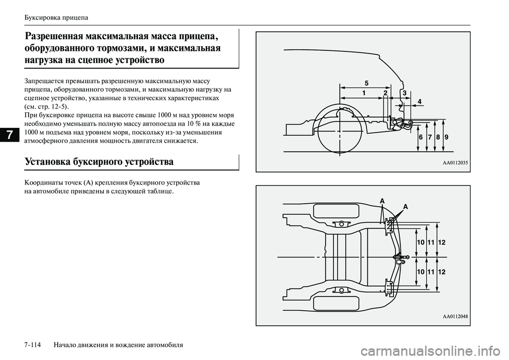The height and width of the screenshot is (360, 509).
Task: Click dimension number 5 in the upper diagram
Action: tap(366, 82)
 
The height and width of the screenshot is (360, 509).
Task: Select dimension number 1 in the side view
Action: tap(364, 93)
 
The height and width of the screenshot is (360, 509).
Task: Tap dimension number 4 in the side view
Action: tap(419, 101)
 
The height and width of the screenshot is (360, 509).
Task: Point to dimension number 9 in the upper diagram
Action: tap(446, 137)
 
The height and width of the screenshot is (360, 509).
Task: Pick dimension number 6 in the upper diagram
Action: tap(420, 137)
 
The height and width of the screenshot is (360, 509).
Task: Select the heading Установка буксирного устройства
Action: tap(99, 161)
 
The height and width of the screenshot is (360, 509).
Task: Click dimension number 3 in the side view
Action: tap(404, 93)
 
